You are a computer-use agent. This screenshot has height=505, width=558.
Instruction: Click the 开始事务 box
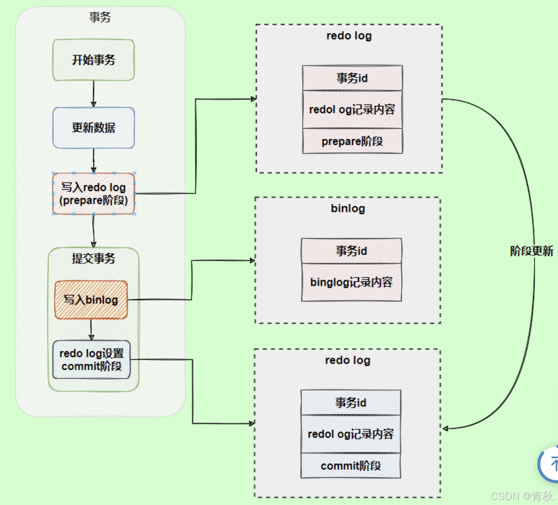pyautogui.click(x=94, y=60)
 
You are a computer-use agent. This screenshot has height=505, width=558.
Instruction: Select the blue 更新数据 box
pyautogui.click(x=94, y=128)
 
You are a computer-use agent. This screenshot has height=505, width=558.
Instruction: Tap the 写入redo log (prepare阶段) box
pyautogui.click(x=94, y=194)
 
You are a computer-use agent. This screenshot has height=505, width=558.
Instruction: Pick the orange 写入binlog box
pyautogui.click(x=91, y=300)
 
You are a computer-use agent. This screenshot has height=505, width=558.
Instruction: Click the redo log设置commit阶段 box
pyautogui.click(x=91, y=360)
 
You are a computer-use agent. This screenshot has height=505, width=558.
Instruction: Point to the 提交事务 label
pyautogui.click(x=94, y=258)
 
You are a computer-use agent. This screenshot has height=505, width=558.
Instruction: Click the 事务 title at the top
pyautogui.click(x=100, y=17)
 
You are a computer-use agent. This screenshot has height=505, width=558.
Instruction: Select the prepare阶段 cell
pyautogui.click(x=352, y=141)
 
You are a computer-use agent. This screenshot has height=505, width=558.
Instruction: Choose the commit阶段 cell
pyautogui.click(x=351, y=466)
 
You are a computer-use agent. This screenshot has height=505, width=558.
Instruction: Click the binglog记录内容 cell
pyautogui.click(x=351, y=282)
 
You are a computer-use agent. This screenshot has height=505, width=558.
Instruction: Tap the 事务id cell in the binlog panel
pyautogui.click(x=351, y=251)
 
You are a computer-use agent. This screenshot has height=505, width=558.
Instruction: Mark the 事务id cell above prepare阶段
pyautogui.click(x=352, y=78)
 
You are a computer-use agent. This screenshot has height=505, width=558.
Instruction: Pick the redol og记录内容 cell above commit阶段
pyautogui.click(x=351, y=434)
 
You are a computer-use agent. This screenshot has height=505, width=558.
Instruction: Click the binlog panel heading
pyautogui.click(x=348, y=209)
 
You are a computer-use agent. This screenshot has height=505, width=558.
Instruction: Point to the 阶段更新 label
pyautogui.click(x=532, y=251)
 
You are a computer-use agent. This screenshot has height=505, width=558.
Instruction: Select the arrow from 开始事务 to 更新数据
pyautogui.click(x=94, y=94)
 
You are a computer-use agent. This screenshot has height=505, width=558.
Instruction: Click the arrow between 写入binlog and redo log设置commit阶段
pyautogui.click(x=91, y=329)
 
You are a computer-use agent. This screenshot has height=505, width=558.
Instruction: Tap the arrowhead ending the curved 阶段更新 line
pyautogui.click(x=445, y=428)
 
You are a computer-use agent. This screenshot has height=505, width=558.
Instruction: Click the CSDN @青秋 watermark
pyautogui.click(x=523, y=496)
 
